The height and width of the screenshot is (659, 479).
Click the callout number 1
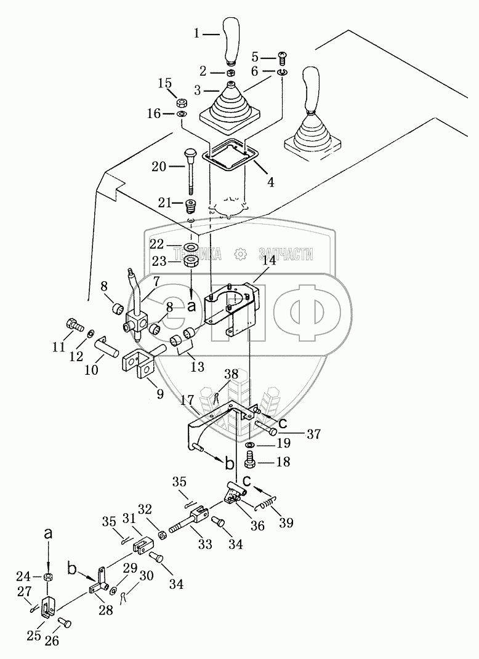(x=197, y=34)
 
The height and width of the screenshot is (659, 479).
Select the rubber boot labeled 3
(x=230, y=104)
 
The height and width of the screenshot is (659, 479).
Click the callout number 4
(x=270, y=182)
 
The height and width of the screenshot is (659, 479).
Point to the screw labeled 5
(x=282, y=58)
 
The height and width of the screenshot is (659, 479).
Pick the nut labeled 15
(x=182, y=103)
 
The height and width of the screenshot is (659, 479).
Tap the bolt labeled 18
(x=250, y=461)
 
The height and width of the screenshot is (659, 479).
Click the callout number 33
(x=205, y=544)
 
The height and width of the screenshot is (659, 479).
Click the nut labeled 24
(x=49, y=576)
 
